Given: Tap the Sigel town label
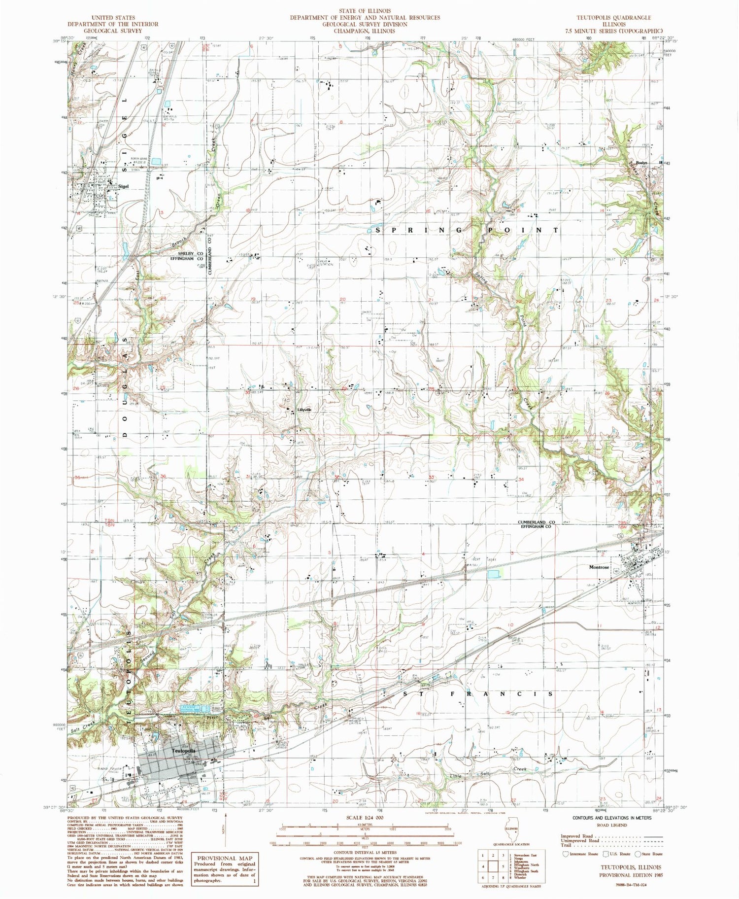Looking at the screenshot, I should pos(124,186).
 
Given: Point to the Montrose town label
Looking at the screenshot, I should pos(599,567).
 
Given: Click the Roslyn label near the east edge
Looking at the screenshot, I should pos(641,163).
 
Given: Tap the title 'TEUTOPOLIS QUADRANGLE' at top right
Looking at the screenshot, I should pos(613,17).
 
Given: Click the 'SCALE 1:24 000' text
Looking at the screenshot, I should pos(365,817).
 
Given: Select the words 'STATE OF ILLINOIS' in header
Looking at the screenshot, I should pos(365,11).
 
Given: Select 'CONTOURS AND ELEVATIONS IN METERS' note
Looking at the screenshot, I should pos(612,818).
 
